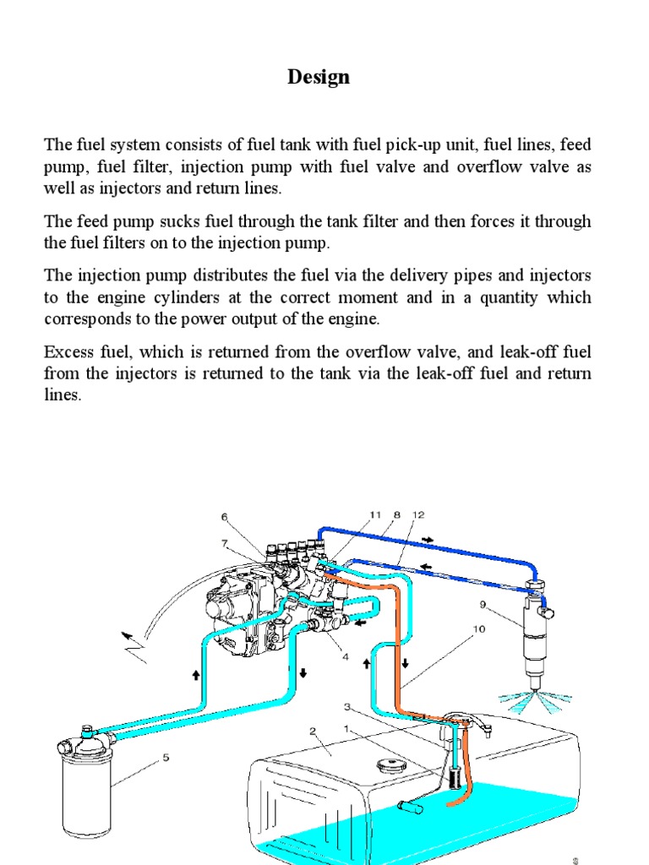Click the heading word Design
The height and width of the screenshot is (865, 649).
coord(318,78)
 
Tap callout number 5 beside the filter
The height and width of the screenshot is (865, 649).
coord(166,758)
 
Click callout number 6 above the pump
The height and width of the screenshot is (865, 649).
coord(225,517)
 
